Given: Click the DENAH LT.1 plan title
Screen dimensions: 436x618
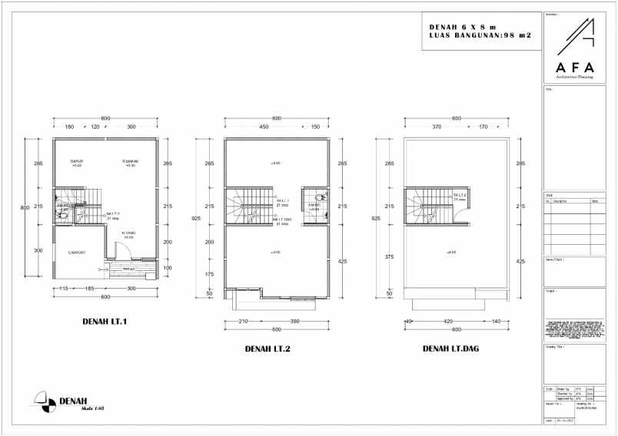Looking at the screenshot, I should pos(104,321).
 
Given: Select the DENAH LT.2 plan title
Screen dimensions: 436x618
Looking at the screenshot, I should pos(267,349).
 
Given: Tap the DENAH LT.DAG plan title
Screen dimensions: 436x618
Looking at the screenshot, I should pos(450,349).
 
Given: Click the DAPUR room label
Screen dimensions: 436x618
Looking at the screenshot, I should pos(76,161).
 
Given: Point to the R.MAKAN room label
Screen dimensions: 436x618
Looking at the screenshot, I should pos(130,161).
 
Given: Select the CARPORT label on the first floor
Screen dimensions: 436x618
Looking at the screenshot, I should pos(77,253).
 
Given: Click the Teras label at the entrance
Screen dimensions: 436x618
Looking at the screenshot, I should pos(129,269).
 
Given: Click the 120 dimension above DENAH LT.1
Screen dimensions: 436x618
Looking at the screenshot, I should pos(95,126).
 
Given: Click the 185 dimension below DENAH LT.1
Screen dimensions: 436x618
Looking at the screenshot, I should pos(91,288).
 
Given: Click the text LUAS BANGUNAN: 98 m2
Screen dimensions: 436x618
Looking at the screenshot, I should pos(481,35).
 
